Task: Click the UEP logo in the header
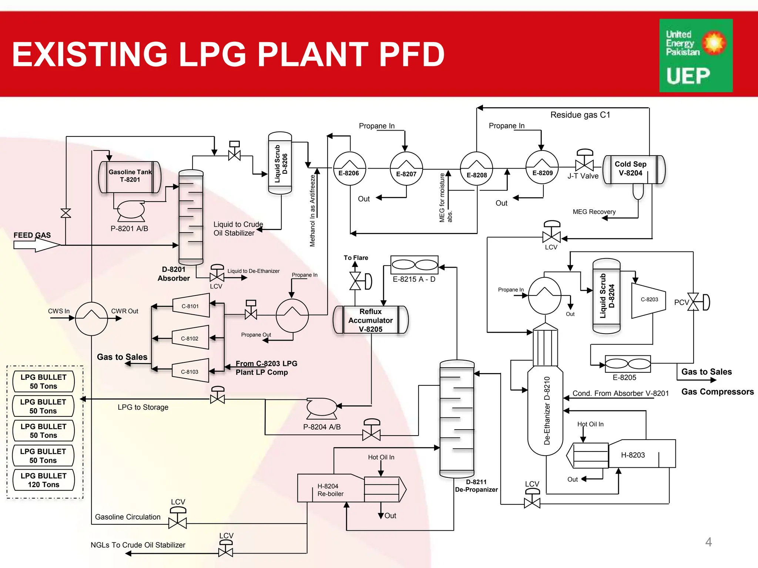[696, 55]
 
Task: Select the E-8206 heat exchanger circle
[349, 168]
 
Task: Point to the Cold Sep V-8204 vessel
[634, 169]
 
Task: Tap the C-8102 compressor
[190, 338]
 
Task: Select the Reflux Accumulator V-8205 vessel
[370, 320]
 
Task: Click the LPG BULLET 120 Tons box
[43, 480]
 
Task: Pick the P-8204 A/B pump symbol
[322, 407]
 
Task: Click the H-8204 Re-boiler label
[330, 490]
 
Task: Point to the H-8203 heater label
[633, 455]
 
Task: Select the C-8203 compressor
[648, 300]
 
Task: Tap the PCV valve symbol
[694, 302]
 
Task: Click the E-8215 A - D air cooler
[415, 265]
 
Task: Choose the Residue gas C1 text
[580, 115]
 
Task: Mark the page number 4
[708, 542]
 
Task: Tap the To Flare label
[356, 258]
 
